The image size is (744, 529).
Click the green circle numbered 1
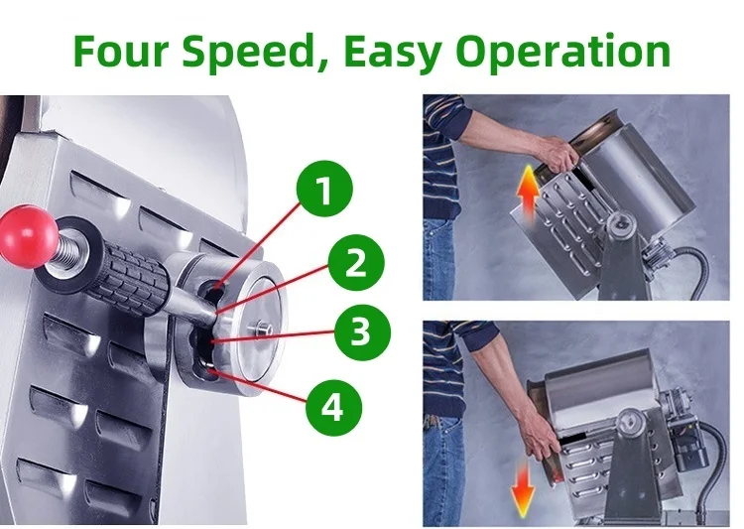[324, 189]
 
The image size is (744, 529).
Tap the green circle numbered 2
[356, 263]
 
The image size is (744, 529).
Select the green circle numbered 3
[362, 331]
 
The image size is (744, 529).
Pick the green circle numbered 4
[333, 408]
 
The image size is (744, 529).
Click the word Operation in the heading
[562, 54]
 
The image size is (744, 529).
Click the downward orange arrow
[523, 490]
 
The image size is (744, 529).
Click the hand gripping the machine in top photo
[558, 154]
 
